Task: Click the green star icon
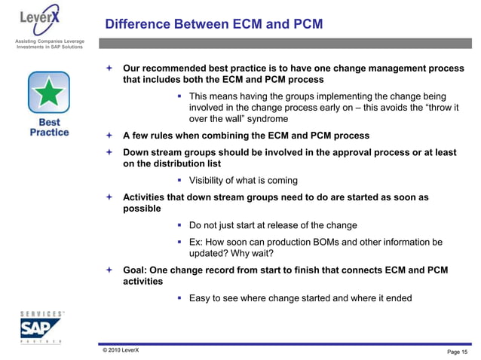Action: pyautogui.click(x=49, y=92)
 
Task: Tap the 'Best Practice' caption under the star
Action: pyautogui.click(x=49, y=127)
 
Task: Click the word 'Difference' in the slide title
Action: pyautogui.click(x=138, y=24)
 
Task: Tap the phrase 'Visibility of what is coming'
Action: pyautogui.click(x=243, y=180)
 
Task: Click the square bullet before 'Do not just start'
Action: pyautogui.click(x=180, y=225)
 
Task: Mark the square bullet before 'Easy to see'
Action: pyautogui.click(x=180, y=298)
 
